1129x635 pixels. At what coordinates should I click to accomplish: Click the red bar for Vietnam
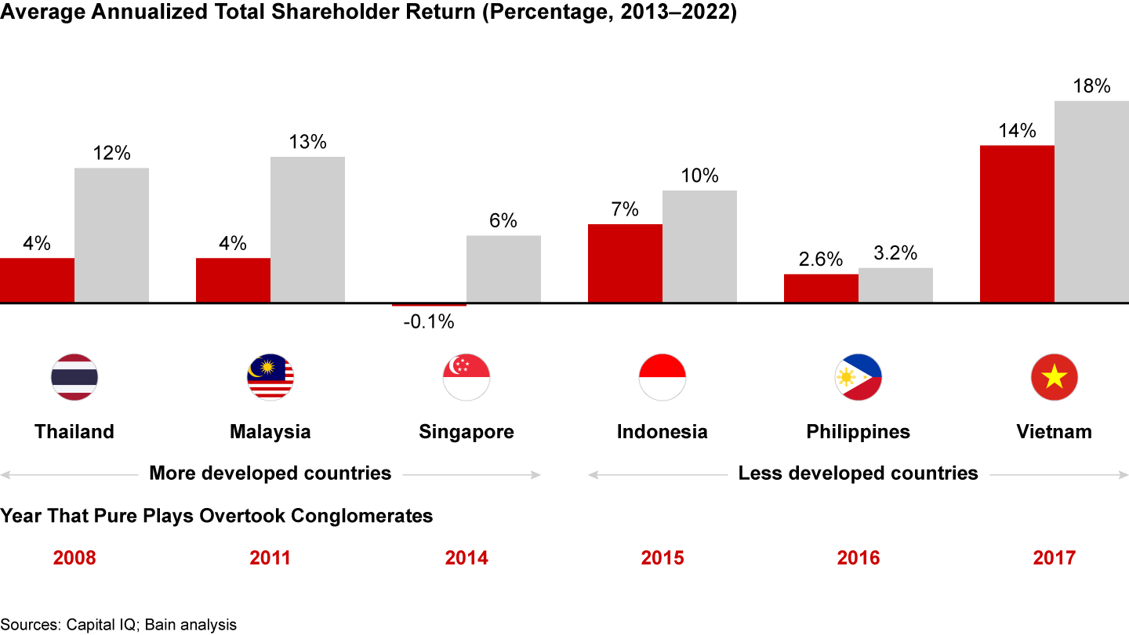click(x=1017, y=223)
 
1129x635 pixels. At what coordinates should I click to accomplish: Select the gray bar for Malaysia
click(x=307, y=229)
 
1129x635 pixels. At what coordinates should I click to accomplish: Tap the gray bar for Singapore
click(x=503, y=268)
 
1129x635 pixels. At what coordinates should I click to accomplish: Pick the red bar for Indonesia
click(x=625, y=263)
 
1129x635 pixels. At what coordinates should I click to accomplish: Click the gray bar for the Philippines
click(x=895, y=285)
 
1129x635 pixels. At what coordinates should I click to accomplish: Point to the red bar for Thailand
click(x=37, y=280)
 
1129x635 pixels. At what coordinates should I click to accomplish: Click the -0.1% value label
click(x=428, y=321)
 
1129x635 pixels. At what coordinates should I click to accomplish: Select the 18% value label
click(x=1091, y=86)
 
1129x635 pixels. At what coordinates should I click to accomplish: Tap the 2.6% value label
click(x=821, y=259)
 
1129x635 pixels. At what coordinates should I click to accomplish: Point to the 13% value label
click(x=307, y=143)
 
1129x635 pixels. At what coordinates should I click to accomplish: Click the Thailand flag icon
click(x=74, y=377)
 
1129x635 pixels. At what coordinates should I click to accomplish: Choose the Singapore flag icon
click(x=466, y=377)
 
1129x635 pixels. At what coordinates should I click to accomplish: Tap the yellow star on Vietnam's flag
click(x=1055, y=378)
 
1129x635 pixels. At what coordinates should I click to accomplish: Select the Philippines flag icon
click(x=859, y=377)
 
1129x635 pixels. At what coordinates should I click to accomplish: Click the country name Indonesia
click(x=663, y=431)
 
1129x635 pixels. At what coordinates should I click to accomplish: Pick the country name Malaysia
click(x=270, y=431)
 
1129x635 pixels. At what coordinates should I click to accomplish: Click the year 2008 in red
click(x=74, y=557)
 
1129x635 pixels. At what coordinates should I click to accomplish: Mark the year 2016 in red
click(x=859, y=557)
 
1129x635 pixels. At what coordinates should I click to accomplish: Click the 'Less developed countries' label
click(x=859, y=473)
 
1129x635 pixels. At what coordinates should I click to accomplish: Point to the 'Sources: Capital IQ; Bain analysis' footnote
click(x=118, y=624)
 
